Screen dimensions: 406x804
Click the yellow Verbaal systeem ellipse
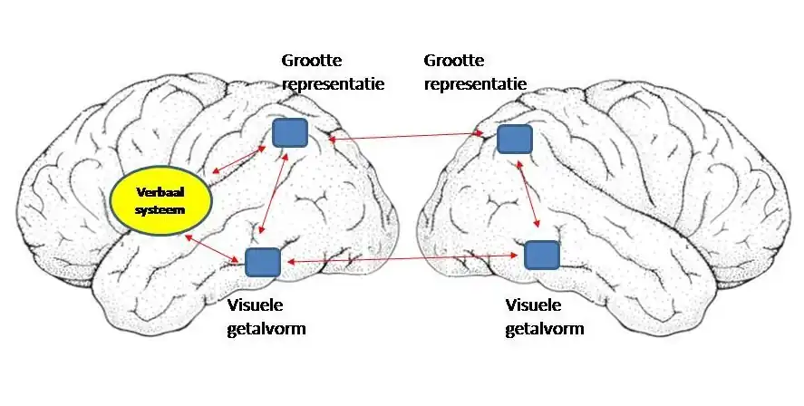coord(161,200)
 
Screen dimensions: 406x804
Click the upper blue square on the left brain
coord(290,133)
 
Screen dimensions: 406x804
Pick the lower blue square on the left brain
coord(263,261)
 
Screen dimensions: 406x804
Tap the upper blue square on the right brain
coord(514,139)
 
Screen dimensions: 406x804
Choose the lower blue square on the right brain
coord(542,255)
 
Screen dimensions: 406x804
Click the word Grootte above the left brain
coord(311,61)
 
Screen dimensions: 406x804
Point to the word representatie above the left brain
coord(333,84)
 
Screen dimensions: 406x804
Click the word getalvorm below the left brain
coord(266,328)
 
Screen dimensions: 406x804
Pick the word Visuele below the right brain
coord(534,305)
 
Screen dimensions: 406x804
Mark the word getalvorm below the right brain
coord(544,328)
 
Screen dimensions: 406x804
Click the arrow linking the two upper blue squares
coord(406,136)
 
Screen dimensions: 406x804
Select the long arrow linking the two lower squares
coord(403,259)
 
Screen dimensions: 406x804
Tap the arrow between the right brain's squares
coord(528,196)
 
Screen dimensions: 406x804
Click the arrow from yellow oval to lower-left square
coord(213,248)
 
